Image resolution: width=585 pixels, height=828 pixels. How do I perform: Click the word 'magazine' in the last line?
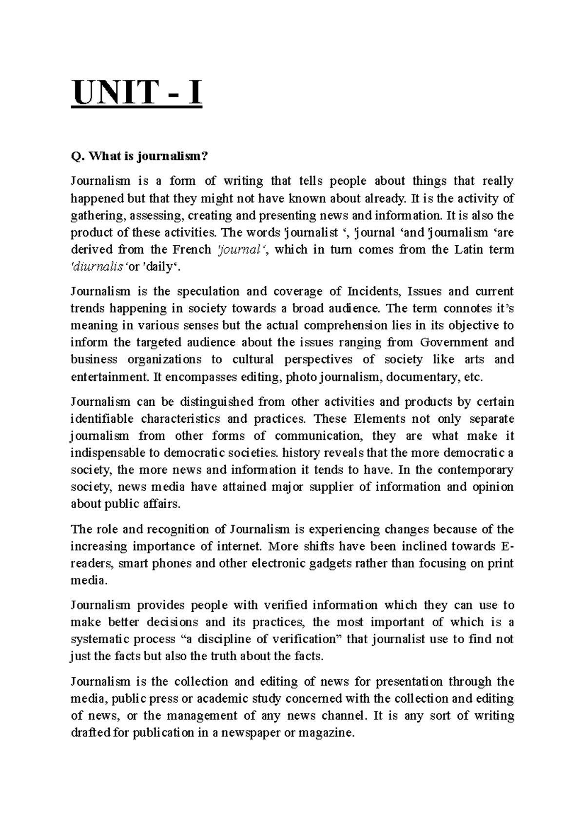pos(329,732)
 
